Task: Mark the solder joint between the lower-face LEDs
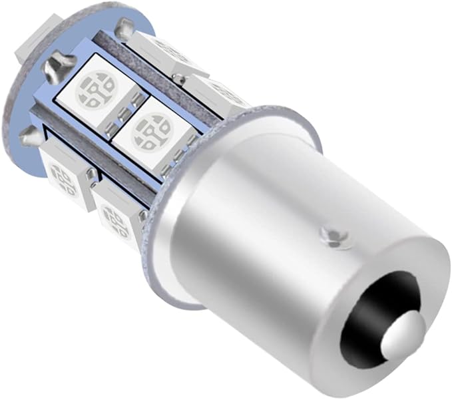(91, 175)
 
